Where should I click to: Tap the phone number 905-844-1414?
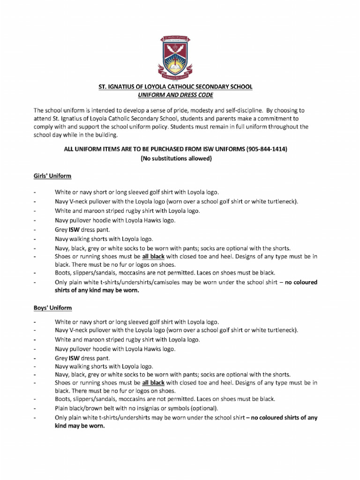click(x=267, y=149)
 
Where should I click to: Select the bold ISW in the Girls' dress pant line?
click(x=75, y=230)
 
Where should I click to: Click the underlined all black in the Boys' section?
click(x=153, y=382)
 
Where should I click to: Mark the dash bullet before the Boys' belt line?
click(x=35, y=408)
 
